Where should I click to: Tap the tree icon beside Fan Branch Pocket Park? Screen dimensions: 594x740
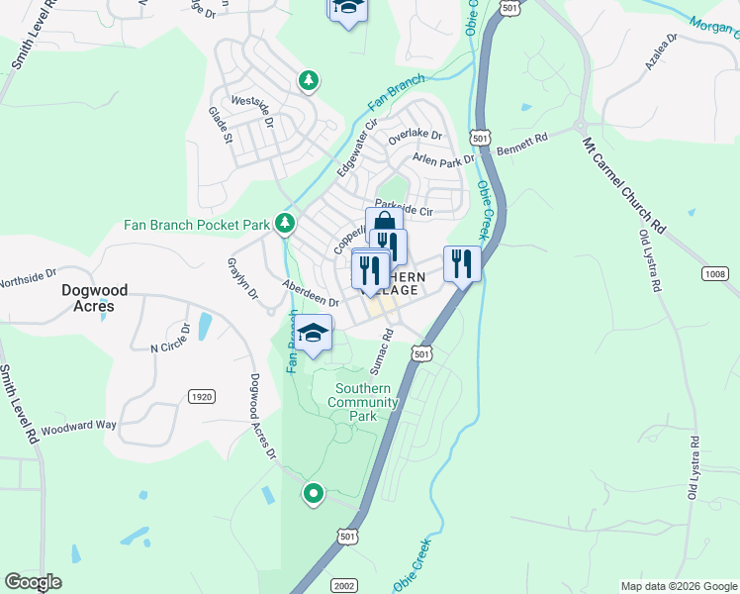coord(285,224)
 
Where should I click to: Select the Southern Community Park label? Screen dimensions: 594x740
coord(366,402)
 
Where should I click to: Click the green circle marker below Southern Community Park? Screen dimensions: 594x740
coord(314,492)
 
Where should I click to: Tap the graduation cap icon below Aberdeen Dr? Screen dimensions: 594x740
coord(314,334)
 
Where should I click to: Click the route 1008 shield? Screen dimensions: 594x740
coord(716,274)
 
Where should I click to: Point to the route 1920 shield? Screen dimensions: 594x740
coord(201,396)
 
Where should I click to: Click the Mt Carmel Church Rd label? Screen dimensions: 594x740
coord(623,183)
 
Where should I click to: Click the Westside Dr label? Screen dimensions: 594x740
coord(251,107)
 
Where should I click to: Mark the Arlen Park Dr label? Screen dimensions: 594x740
coord(444,159)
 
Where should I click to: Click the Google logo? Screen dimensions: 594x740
coord(34,582)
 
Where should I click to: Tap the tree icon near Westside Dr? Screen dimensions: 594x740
coord(309,79)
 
